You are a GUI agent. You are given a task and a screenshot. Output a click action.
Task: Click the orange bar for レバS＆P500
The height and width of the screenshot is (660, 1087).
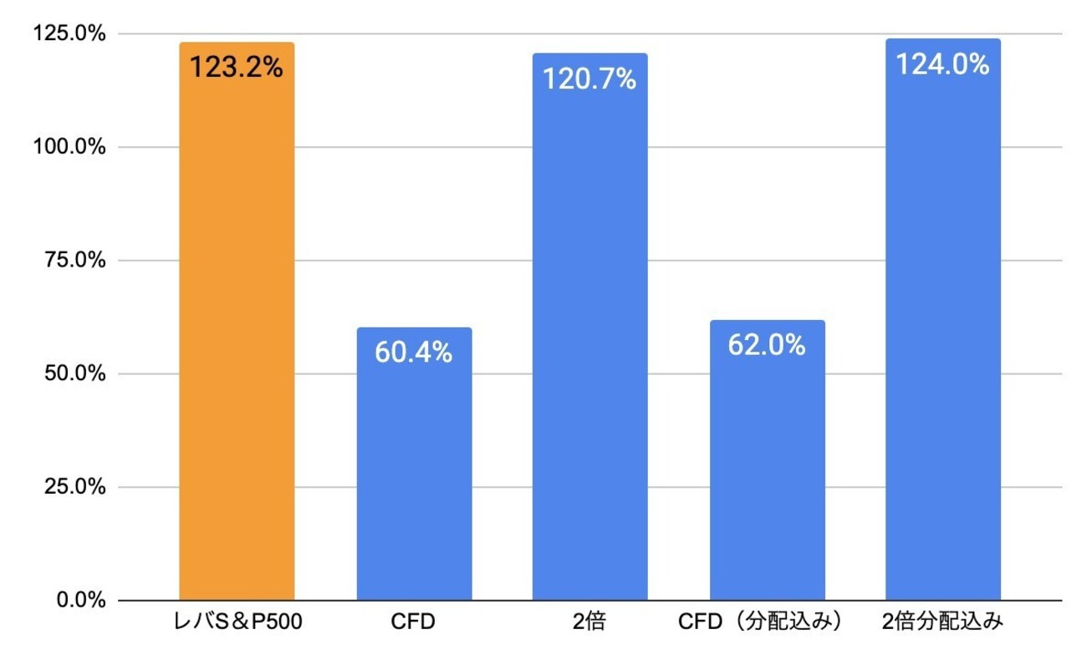[237, 334]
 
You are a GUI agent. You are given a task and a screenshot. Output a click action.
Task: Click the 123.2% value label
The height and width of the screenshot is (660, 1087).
[237, 67]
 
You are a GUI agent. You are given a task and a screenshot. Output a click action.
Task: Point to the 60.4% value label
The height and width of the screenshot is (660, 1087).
[414, 353]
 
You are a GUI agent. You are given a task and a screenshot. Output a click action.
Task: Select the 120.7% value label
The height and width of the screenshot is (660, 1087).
[589, 79]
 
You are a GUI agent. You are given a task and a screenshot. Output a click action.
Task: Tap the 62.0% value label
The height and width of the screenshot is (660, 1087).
[767, 345]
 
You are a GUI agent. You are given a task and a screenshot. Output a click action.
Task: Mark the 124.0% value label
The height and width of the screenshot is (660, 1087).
[942, 64]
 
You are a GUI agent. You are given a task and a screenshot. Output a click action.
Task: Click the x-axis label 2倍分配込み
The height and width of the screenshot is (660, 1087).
[942, 623]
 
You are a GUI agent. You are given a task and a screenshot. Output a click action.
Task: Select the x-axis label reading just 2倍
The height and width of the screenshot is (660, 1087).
[589, 623]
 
